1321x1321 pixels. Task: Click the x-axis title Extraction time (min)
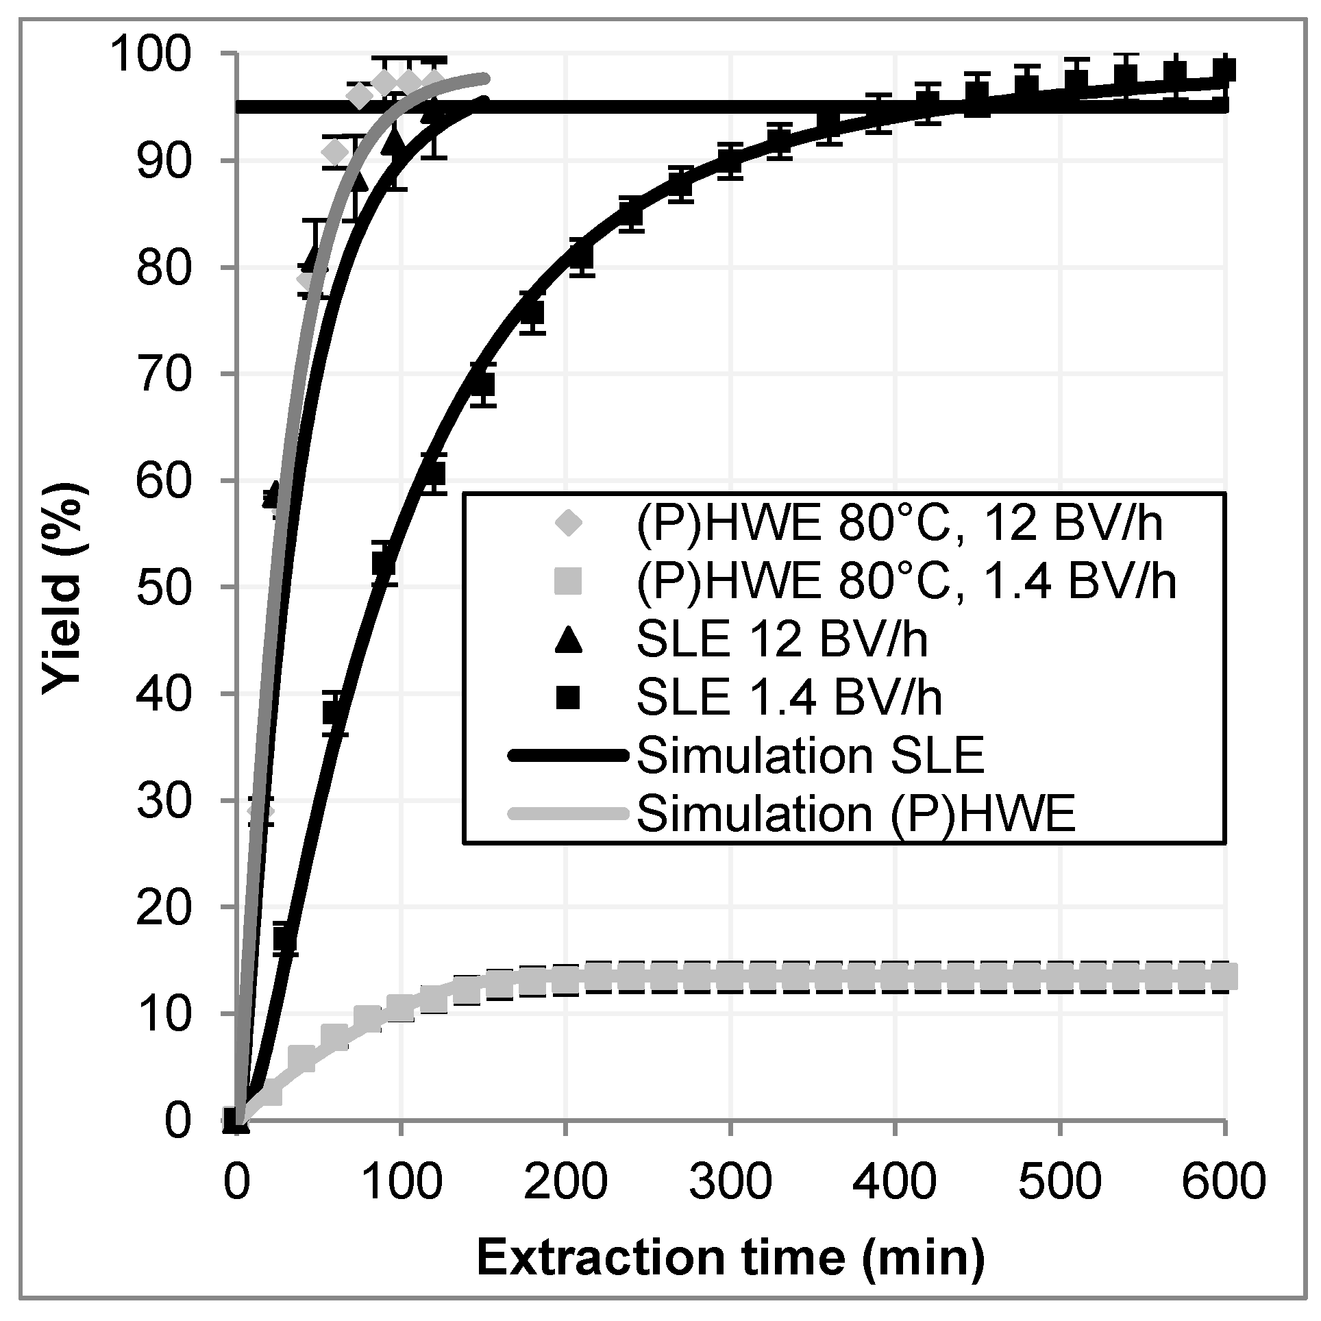730,1257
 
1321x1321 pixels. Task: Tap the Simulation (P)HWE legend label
855,813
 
